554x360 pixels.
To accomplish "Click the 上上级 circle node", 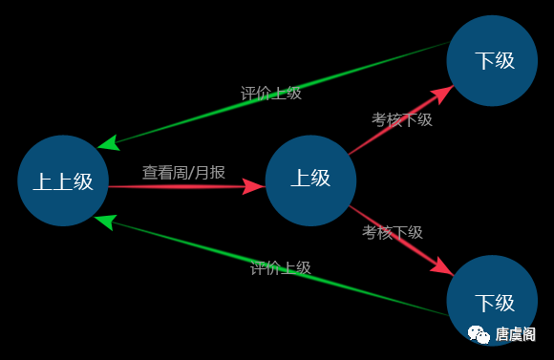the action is (63, 180).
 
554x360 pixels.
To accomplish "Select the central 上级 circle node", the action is (310, 180).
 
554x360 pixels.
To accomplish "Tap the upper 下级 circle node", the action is (493, 60).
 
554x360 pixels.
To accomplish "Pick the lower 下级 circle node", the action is (493, 301).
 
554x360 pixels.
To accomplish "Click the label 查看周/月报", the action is (183, 172).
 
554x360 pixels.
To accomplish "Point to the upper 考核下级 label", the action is (401, 119).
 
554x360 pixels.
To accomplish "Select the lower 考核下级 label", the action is (392, 232).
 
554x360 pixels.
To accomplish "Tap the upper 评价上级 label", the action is (271, 93).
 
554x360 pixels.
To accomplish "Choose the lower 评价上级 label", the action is (281, 267).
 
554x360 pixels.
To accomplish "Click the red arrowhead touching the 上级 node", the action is (255, 186).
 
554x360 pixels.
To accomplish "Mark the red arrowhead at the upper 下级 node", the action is (443, 92).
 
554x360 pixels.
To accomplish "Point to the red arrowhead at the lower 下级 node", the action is (444, 266).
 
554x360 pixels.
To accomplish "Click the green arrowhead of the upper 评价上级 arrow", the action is (107, 144).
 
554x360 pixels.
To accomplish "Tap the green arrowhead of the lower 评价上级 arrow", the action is (104, 222).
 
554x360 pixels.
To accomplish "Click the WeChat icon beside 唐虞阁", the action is (477, 333).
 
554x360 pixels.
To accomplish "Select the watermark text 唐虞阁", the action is (517, 333).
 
